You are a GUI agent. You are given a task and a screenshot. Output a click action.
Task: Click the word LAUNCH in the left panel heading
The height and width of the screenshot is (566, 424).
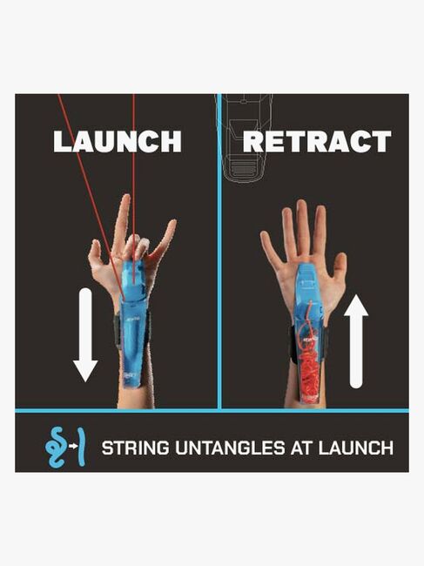coord(118,141)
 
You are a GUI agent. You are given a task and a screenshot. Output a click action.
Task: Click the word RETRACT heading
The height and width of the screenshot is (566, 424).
coord(317,141)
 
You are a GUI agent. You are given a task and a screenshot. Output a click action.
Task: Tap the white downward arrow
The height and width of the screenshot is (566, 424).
coord(85,334)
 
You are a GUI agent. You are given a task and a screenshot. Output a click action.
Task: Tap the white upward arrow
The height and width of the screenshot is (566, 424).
coord(356,341)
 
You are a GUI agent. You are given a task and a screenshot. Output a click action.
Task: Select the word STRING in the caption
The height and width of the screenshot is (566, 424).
coord(135,448)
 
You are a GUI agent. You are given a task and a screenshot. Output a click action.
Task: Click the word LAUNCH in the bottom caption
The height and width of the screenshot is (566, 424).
coord(356,448)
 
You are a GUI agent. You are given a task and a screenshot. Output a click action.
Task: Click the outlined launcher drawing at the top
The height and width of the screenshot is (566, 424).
coord(244,138)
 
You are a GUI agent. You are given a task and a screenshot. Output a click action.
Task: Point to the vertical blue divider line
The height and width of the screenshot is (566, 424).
coord(219,252)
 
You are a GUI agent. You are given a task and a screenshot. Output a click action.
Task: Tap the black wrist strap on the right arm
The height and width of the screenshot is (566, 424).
coord(293,345)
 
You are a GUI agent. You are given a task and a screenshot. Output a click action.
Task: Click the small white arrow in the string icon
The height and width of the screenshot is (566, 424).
coord(73,447)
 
